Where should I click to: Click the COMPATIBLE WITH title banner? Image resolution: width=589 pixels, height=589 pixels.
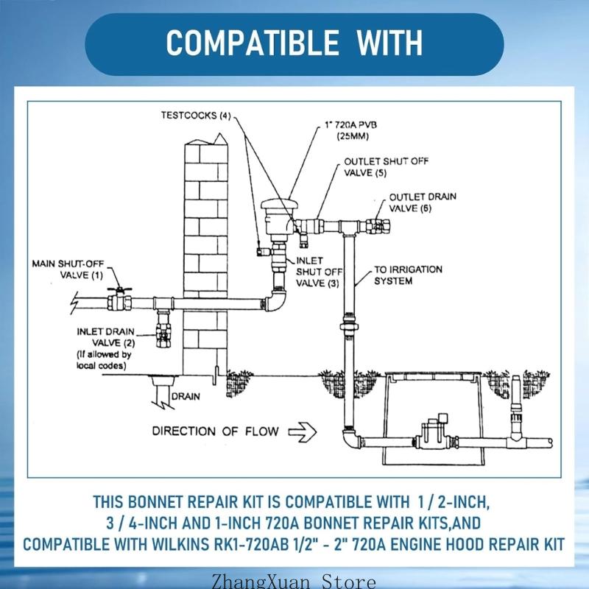click(294, 43)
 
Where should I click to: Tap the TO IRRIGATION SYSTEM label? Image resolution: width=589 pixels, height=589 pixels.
click(409, 275)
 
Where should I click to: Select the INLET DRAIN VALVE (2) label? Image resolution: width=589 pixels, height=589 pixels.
click(106, 338)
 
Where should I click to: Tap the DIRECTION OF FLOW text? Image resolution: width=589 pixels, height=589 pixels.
click(215, 431)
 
